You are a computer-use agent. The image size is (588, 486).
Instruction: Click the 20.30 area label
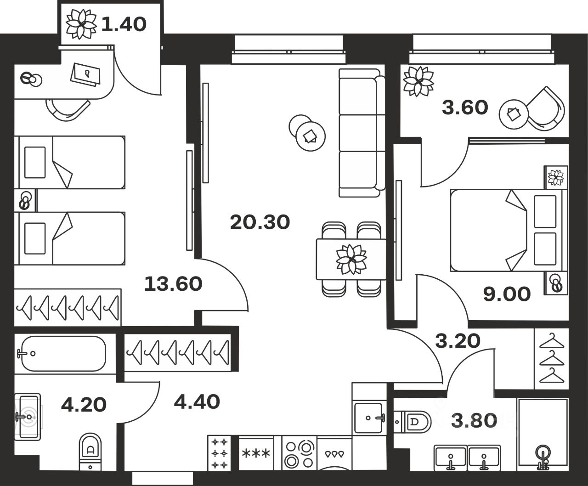(260, 223)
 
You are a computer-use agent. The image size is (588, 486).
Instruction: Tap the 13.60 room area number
(173, 284)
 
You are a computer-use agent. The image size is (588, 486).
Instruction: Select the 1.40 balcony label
(124, 24)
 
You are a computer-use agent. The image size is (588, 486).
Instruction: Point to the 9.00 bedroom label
(507, 294)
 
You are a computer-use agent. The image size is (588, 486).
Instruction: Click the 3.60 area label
(464, 108)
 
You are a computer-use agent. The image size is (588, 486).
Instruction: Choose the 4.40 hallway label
(197, 402)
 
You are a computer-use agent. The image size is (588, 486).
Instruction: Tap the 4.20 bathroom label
(84, 405)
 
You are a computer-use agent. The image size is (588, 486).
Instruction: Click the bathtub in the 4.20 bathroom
(64, 353)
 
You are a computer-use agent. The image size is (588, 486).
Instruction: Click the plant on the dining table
(351, 260)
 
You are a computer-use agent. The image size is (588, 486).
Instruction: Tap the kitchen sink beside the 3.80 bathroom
(369, 418)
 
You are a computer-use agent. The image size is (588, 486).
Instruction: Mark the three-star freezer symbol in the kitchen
(256, 453)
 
